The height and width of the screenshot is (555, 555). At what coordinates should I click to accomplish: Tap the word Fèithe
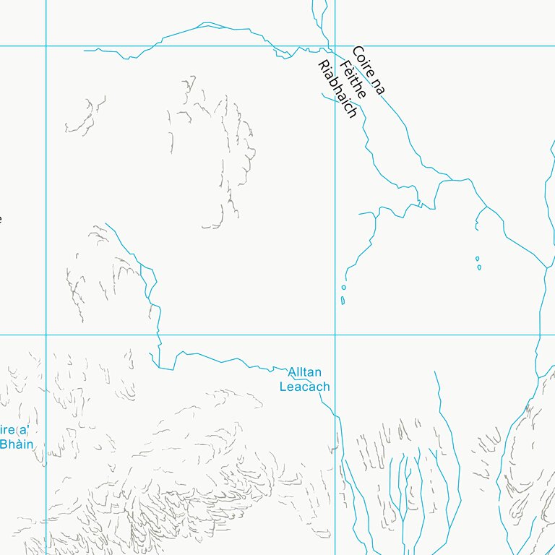(353, 79)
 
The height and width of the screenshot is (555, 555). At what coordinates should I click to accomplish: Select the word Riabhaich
(337, 89)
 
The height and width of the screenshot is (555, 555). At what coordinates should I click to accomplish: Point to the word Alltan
(304, 373)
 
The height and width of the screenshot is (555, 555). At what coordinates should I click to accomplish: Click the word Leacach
(304, 387)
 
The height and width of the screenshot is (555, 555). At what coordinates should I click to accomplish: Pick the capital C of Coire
(356, 53)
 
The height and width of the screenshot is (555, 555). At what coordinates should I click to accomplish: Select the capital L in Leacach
(283, 387)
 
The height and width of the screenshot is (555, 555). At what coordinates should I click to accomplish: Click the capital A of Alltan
(292, 373)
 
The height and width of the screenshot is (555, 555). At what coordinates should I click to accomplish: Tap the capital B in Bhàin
(4, 444)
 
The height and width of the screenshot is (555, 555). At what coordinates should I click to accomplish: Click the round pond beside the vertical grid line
(343, 288)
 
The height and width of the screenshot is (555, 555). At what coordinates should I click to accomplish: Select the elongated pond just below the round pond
(343, 300)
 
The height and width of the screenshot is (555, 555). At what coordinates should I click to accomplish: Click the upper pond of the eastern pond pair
(477, 258)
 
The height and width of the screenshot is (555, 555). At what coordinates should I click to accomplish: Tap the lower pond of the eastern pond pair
(478, 267)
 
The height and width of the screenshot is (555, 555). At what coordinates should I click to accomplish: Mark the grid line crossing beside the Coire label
(335, 46)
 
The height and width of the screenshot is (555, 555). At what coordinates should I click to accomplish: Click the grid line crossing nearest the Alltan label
(335, 335)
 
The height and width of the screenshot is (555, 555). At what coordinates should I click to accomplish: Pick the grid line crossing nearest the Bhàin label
(46, 335)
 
